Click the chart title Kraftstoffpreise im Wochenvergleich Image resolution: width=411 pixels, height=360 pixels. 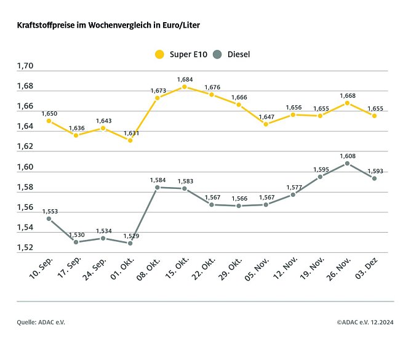108,26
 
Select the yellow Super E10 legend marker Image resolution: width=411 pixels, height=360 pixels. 159,54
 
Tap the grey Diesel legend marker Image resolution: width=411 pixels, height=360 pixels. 217,54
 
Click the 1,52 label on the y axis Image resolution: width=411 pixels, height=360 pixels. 26,247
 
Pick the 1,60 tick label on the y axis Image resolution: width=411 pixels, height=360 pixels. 26,167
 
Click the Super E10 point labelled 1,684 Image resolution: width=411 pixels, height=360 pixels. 184,87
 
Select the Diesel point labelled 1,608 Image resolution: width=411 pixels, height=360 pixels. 347,163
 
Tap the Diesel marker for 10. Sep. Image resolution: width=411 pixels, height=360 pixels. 49,218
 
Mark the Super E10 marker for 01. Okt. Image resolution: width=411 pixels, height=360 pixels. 130,140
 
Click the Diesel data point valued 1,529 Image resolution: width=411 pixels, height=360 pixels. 130,243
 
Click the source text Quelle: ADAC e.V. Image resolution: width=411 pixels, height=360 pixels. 41,322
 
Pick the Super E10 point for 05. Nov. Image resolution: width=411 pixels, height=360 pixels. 266,124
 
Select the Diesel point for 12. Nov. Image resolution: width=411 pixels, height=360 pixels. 293,194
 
